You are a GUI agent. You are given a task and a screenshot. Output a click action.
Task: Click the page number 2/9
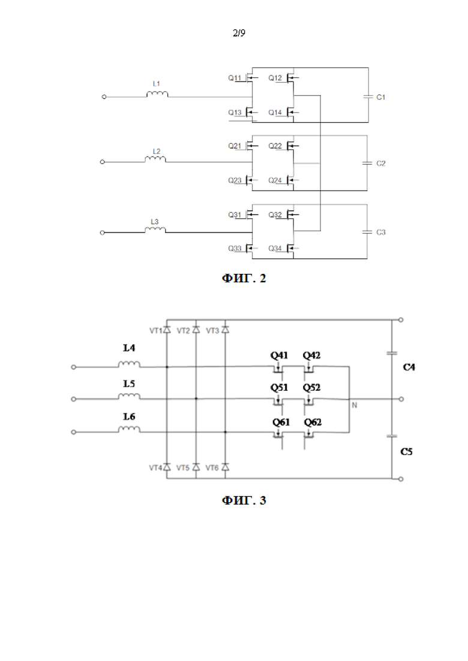[x=239, y=33]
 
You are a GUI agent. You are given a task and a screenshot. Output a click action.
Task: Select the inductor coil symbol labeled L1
[x=157, y=94]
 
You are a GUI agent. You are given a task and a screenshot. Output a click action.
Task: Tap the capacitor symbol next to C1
[x=368, y=97]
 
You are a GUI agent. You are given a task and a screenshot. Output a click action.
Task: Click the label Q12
[x=275, y=78]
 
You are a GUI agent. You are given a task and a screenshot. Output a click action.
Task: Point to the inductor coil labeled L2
[x=155, y=159]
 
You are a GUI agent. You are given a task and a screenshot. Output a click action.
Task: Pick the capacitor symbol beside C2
[x=367, y=163]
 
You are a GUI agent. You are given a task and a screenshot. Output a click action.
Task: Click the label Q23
[x=235, y=180]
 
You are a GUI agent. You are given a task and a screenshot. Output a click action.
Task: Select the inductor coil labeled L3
[x=155, y=230]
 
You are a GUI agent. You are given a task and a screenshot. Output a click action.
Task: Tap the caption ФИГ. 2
[x=244, y=278]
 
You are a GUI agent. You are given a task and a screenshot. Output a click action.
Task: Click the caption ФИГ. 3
[x=244, y=500]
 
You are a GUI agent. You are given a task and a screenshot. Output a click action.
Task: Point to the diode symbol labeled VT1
[x=167, y=330]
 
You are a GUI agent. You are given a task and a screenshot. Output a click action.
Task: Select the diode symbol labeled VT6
[x=226, y=467]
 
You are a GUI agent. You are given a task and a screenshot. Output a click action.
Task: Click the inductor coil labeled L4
[x=129, y=364]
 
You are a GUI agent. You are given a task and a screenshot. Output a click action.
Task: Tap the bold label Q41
[x=279, y=355]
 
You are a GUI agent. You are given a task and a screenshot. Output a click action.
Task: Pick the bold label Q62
[x=313, y=422]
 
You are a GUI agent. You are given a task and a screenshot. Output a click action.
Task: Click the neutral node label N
[x=355, y=405]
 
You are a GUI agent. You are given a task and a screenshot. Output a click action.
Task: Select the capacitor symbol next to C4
[x=392, y=353]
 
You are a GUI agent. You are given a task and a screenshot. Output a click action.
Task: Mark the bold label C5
[x=406, y=451]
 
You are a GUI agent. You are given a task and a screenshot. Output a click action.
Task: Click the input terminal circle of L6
[x=73, y=432]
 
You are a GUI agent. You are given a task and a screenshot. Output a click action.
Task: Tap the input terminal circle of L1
[x=104, y=97]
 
